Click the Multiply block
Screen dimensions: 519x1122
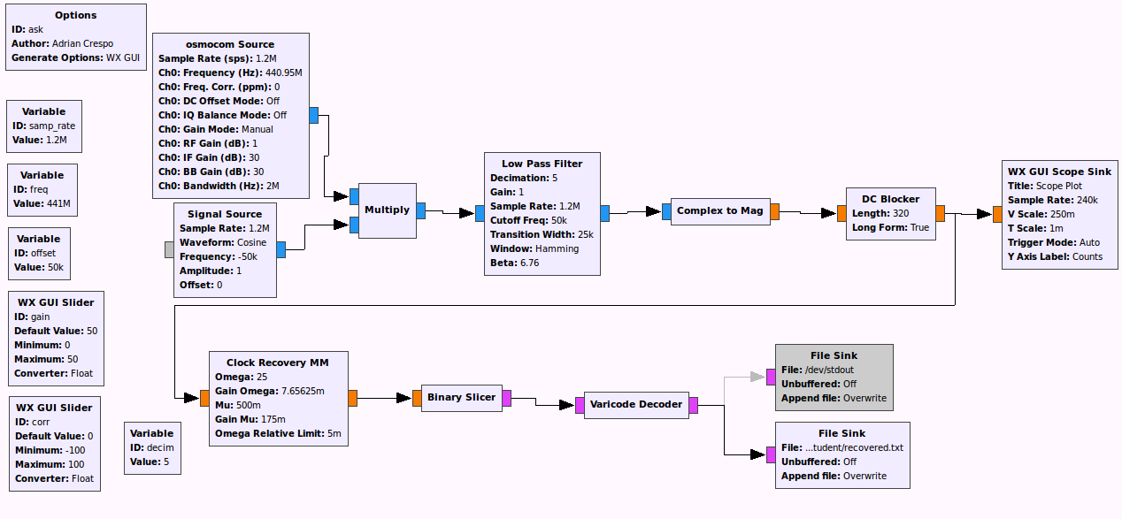(387, 210)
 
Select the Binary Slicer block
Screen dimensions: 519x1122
(461, 398)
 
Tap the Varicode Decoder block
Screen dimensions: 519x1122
(636, 405)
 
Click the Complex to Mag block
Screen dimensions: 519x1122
(719, 211)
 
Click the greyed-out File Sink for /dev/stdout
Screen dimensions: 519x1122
(834, 378)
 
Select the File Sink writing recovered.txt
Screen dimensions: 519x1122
(841, 454)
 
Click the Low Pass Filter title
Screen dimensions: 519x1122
(542, 164)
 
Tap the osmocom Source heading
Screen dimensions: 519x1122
(230, 44)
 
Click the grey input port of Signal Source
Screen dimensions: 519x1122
(170, 249)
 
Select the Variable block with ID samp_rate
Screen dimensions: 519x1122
(43, 126)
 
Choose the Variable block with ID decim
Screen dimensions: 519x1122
(151, 447)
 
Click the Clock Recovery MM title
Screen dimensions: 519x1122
(278, 363)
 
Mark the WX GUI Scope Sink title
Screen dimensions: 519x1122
(1059, 172)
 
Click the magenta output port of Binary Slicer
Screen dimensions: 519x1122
(506, 398)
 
